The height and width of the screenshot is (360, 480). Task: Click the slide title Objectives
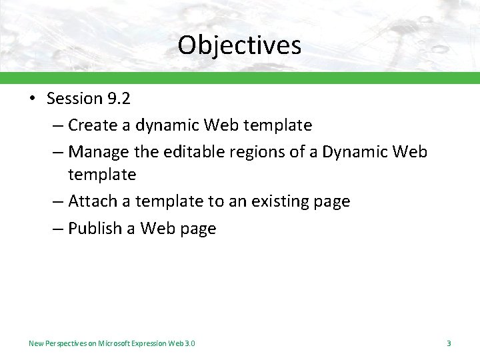coord(239,45)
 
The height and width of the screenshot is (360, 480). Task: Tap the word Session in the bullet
coord(74,99)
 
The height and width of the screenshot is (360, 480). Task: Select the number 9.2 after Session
coord(118,99)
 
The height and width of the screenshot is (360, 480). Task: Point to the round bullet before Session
coord(32,99)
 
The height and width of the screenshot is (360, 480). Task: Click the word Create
coord(91,125)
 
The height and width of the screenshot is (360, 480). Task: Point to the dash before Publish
coord(56,229)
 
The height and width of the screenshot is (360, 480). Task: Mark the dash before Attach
coord(56,201)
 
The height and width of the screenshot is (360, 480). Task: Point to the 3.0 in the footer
coord(189,343)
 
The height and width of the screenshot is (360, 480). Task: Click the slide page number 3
coord(449,343)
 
